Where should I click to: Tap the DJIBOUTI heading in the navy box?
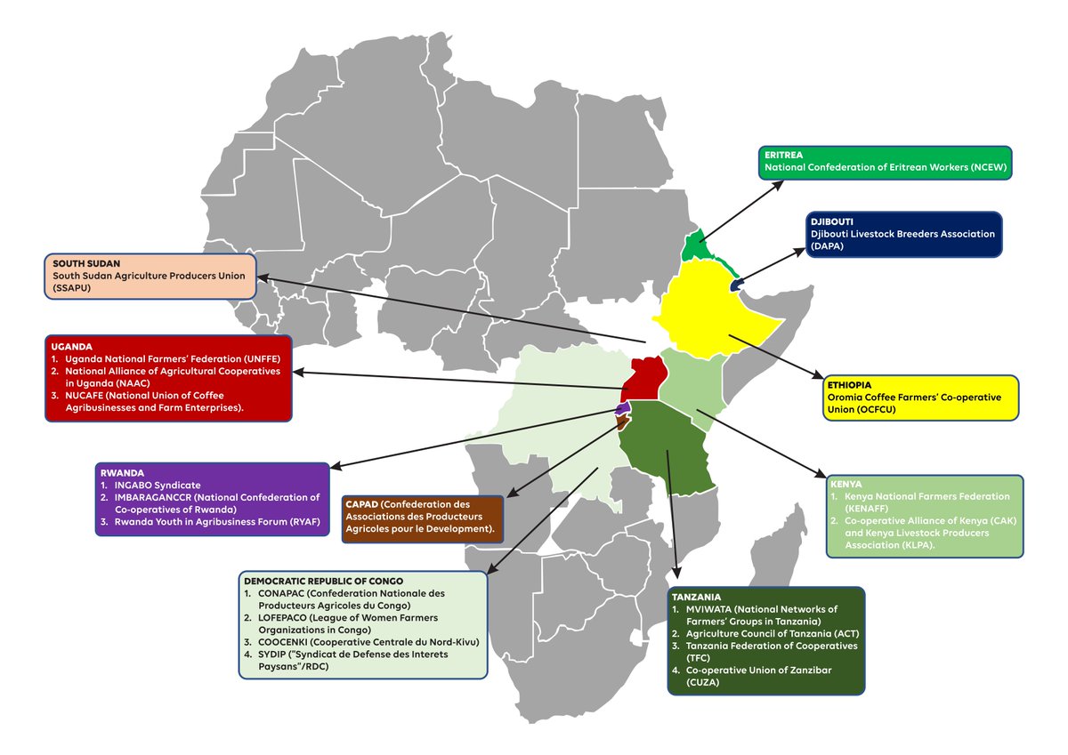point(833,221)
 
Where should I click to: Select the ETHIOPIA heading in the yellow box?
point(852,384)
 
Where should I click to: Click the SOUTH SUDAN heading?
point(86,264)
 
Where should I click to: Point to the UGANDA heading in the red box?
point(71,345)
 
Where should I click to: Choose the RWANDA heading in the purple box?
point(122,472)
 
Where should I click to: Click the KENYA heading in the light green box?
point(845,484)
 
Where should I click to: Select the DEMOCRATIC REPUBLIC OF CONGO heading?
point(322,581)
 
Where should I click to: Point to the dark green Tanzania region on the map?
point(667,445)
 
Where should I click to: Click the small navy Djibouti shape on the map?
point(736,284)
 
